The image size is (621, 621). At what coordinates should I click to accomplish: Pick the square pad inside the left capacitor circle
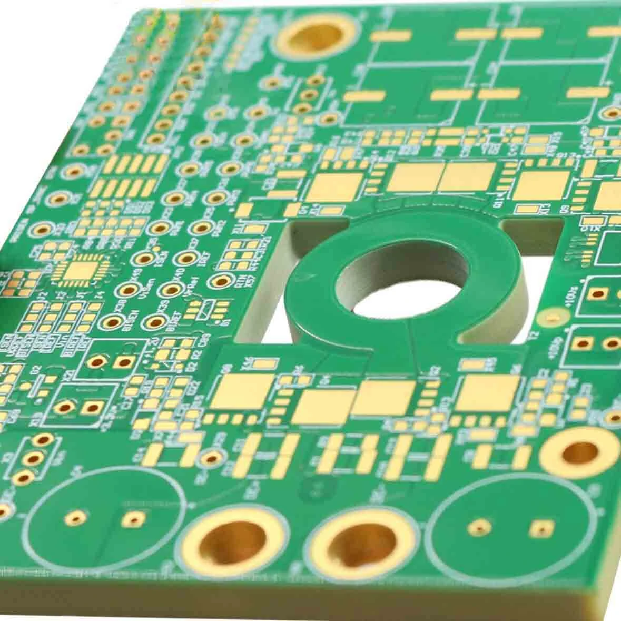tap(132, 519)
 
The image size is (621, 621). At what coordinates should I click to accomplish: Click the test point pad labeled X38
tap(113, 322)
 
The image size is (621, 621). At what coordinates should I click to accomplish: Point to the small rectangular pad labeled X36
tap(266, 363)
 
